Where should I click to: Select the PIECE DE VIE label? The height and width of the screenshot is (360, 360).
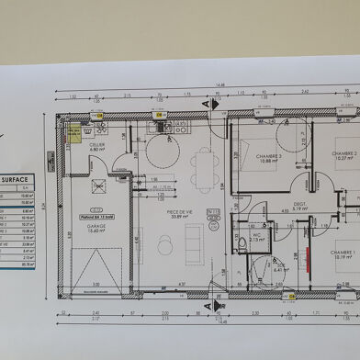pyautogui.click(x=180, y=212)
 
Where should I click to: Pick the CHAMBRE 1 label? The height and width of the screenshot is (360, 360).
pyautogui.click(x=343, y=253)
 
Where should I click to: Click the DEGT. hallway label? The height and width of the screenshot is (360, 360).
pyautogui.click(x=299, y=205)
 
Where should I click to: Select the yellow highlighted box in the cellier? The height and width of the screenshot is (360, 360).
pyautogui.click(x=73, y=133)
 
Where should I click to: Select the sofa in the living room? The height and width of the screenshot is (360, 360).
pyautogui.click(x=194, y=245)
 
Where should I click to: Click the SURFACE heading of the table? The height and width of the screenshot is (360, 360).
pyautogui.click(x=16, y=180)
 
